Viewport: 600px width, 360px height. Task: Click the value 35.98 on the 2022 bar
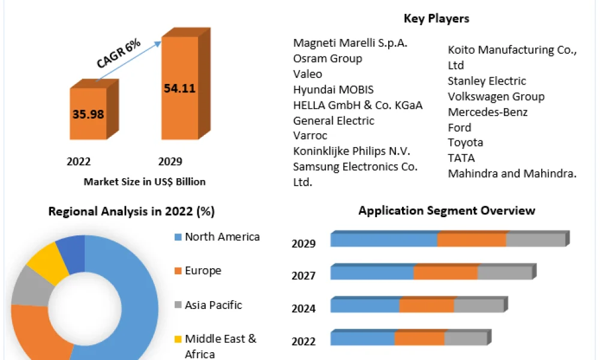pos(88,114)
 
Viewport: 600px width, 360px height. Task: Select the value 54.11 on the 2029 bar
pos(180,88)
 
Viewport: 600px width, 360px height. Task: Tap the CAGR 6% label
pos(118,53)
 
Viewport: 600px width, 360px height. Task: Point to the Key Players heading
pos(436,19)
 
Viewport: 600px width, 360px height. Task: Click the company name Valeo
pos(308,74)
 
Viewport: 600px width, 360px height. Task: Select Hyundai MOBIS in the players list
pos(333,89)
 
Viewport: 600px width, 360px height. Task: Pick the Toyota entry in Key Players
pos(466,143)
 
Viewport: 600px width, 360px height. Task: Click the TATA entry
pos(461,158)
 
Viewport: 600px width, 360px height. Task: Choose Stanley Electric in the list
pos(487,81)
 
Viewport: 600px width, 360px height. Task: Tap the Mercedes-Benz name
pos(487,112)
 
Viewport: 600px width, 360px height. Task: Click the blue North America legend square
pos(178,237)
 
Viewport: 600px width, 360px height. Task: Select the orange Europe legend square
pos(178,271)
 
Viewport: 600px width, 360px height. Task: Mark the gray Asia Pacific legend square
pos(178,305)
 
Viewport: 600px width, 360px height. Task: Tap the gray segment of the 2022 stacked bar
pos(466,338)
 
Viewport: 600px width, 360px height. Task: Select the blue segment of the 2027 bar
pos(372,272)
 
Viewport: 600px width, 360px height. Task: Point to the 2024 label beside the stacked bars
pos(304,308)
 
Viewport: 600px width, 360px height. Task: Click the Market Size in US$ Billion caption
pos(145,182)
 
